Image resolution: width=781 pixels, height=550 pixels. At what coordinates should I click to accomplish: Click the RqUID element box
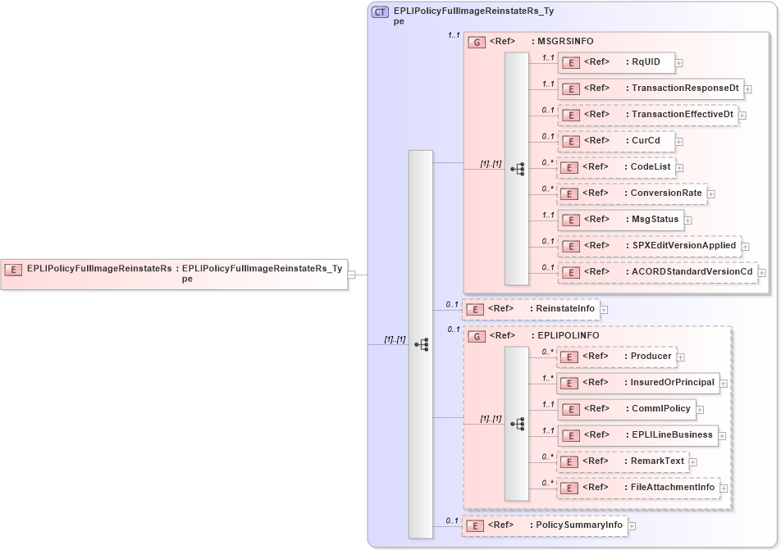(615, 62)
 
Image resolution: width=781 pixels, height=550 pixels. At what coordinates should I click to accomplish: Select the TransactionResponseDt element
(650, 89)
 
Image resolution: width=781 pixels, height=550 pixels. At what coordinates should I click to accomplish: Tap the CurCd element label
(646, 141)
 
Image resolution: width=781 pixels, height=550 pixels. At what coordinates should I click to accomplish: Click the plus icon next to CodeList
(679, 167)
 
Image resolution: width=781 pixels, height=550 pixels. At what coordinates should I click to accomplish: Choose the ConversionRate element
(632, 193)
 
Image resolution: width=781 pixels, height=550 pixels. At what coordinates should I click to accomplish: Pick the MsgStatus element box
(620, 220)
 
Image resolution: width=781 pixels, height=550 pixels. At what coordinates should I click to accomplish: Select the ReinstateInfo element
(531, 309)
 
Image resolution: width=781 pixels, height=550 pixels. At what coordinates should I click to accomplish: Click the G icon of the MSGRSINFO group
(476, 42)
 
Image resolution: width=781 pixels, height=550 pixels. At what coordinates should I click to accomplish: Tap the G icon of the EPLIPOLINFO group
(476, 336)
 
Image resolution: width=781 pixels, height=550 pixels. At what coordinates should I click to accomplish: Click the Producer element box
(615, 357)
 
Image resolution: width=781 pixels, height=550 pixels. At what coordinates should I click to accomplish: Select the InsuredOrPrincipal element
(637, 383)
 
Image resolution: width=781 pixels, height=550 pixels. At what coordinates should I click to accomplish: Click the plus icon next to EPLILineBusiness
(722, 435)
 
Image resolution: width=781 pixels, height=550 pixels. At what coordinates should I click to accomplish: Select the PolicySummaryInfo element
(545, 525)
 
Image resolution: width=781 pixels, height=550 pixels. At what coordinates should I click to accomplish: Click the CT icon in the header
(381, 12)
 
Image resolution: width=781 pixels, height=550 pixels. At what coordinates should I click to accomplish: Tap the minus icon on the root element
(351, 275)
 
